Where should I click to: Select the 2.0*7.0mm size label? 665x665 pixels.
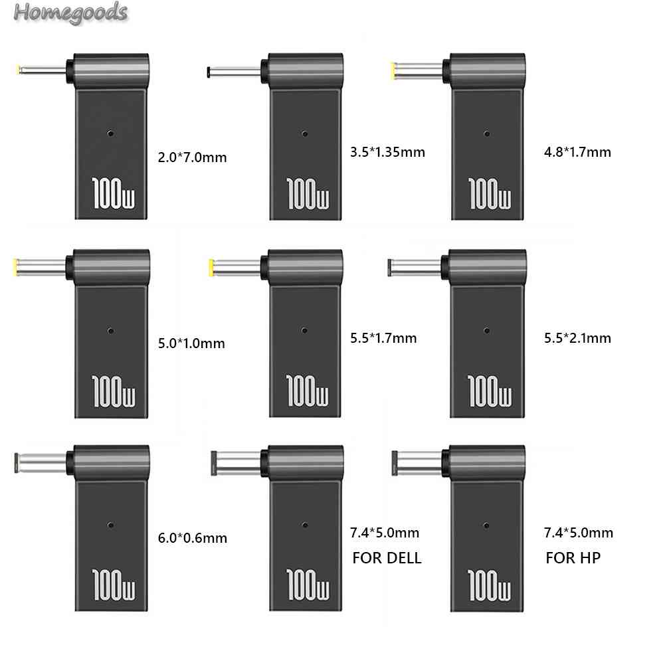tap(193, 157)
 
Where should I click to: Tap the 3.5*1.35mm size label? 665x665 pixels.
tap(386, 152)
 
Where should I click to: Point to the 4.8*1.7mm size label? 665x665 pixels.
tap(577, 152)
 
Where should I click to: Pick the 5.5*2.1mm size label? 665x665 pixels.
tap(577, 338)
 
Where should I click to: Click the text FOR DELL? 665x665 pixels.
tap(387, 557)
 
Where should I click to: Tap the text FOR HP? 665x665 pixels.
tap(573, 557)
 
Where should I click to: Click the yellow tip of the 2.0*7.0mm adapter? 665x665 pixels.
tap(19, 69)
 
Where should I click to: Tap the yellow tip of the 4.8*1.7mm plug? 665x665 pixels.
tap(396, 68)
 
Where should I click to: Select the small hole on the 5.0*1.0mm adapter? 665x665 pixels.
tap(110, 330)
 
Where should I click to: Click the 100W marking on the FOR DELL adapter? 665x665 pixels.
tap(308, 583)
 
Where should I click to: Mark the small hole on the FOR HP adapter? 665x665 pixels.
tap(486, 525)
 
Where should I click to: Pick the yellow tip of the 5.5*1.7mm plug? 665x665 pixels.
tap(211, 268)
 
